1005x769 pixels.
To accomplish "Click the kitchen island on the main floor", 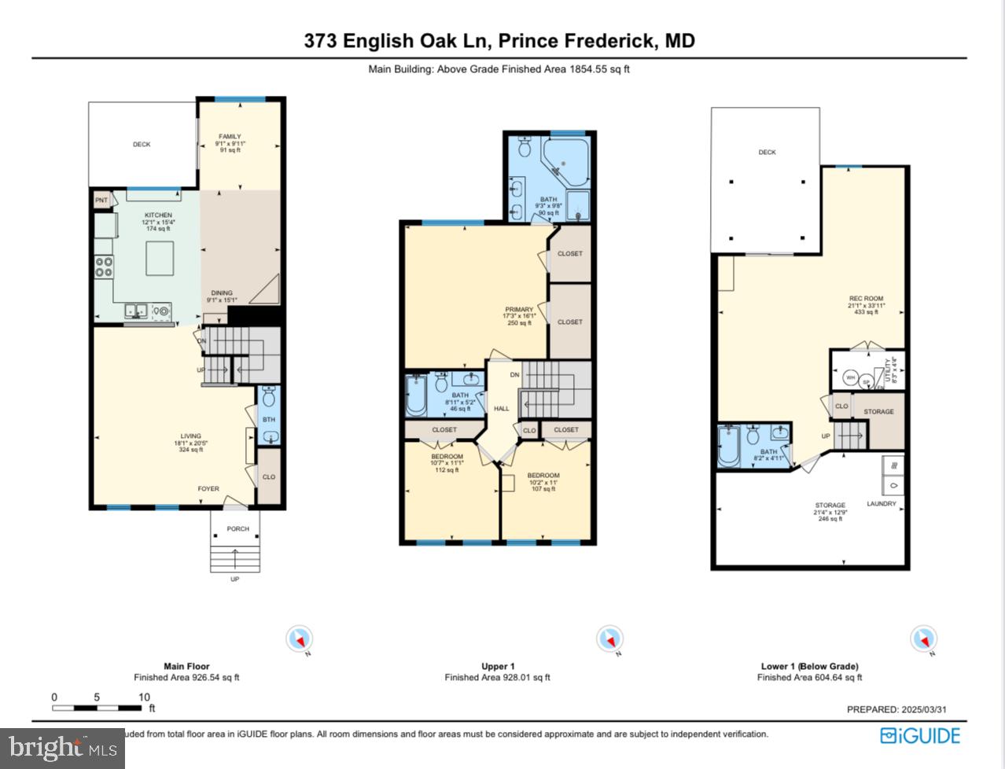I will pos(161,259).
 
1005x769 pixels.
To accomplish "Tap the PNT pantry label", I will pos(101,201).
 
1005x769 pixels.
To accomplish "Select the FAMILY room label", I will pos(230,137).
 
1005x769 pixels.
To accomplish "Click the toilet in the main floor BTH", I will pos(269,396).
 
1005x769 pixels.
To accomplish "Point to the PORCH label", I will pos(237,529).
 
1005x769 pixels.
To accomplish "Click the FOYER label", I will pos(208,489).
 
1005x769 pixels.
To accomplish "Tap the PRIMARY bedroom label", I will pos(519,310).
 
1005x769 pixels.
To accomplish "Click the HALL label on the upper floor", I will pos(502,409).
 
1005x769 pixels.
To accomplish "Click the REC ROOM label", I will pos(866,300).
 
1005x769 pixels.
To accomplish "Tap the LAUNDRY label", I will pos(881,504).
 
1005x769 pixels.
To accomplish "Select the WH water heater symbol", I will pos(849,377).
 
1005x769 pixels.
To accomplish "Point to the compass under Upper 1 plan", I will pos(609,639).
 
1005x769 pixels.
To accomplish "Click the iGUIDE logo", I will pos(920,736).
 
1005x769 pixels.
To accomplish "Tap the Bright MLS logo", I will pos(62,747).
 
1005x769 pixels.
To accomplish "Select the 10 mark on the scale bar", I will pos(145,697).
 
